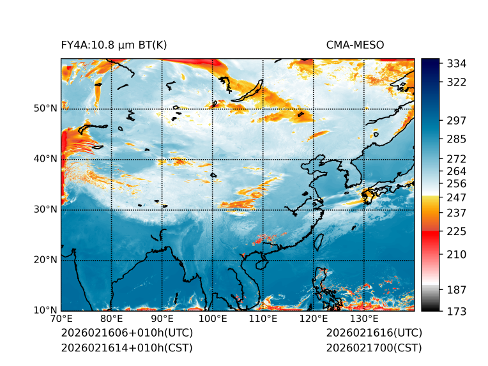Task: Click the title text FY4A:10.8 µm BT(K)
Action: [114, 45]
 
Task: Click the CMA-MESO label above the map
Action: [355, 45]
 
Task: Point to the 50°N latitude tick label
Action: [45, 109]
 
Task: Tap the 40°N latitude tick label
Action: [45, 159]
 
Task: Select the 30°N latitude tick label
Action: [45, 210]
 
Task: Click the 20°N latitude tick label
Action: [45, 260]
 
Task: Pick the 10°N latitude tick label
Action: [45, 310]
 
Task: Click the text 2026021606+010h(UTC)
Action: [126, 333]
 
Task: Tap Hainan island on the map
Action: [261, 264]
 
